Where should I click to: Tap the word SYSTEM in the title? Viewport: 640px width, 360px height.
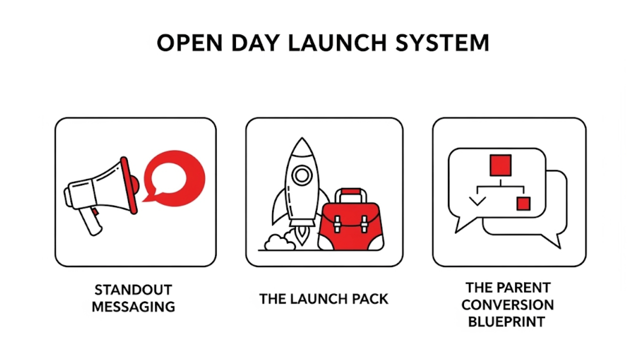(x=442, y=43)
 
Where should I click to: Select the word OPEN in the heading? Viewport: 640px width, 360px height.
(x=189, y=43)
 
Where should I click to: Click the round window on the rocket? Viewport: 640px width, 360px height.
(x=301, y=175)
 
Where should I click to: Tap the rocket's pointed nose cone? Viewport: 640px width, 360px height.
(x=301, y=146)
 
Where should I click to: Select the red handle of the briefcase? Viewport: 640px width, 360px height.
(x=351, y=191)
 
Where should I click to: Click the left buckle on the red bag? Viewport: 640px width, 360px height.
(x=337, y=224)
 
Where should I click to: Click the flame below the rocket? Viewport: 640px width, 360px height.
(x=301, y=235)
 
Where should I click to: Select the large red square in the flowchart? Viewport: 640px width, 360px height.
(x=500, y=165)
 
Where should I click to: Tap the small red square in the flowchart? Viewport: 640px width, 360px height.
(x=523, y=203)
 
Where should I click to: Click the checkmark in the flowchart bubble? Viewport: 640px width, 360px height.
(x=477, y=200)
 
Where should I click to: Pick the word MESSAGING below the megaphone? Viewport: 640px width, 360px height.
(x=133, y=307)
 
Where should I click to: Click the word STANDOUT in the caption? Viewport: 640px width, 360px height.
(x=133, y=289)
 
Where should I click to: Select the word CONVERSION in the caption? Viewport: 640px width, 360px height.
(x=507, y=305)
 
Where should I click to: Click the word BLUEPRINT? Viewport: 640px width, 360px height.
(x=506, y=322)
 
